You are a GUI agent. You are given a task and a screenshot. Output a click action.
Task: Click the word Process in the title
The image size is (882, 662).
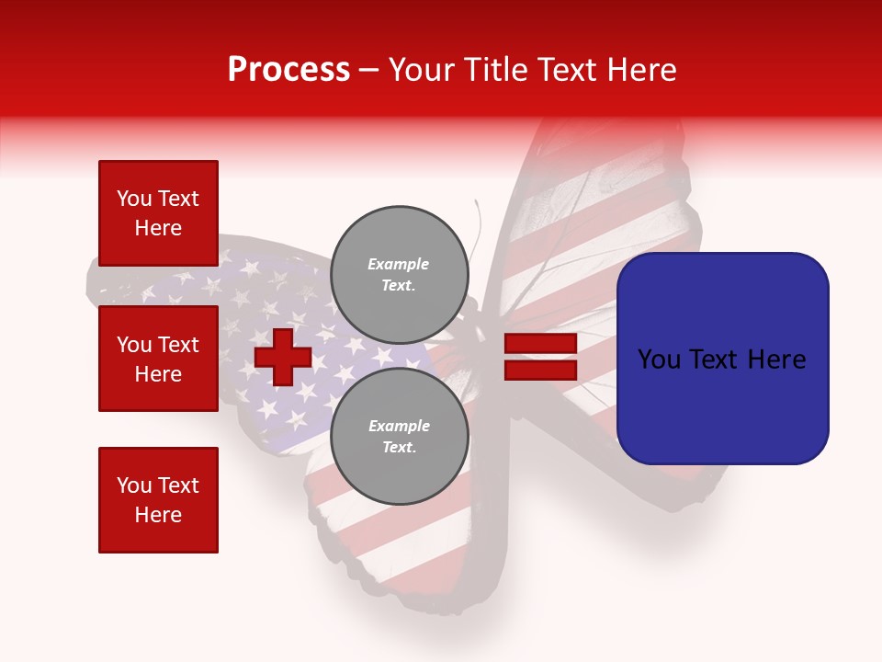288,70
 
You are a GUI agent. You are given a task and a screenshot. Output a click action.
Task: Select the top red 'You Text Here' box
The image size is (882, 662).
158,213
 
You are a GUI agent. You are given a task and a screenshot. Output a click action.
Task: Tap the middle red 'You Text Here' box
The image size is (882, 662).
158,359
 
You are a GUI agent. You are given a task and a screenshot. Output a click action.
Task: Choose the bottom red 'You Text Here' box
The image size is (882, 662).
158,500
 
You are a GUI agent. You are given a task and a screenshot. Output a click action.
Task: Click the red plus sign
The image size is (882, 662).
283,357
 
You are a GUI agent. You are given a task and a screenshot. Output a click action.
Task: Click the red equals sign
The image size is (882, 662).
540,357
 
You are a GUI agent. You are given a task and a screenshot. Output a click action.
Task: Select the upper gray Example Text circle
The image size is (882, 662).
399,274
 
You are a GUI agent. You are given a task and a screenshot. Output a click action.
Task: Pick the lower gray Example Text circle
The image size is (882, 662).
399,436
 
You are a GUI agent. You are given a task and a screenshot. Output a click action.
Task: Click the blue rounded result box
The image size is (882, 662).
722,359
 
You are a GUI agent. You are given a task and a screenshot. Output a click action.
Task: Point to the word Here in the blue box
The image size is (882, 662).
776,360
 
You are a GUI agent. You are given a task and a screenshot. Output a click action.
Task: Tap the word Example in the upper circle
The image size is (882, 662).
399,264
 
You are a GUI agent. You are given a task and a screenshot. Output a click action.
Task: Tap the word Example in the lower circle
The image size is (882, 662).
399,426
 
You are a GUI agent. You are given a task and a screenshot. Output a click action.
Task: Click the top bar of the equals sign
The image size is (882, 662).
540,344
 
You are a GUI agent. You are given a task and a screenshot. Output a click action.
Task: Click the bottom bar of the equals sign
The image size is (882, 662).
540,370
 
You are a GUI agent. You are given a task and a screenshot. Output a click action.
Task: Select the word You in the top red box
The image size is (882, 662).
133,199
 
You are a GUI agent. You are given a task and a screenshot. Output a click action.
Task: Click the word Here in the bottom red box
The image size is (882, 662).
158,515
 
